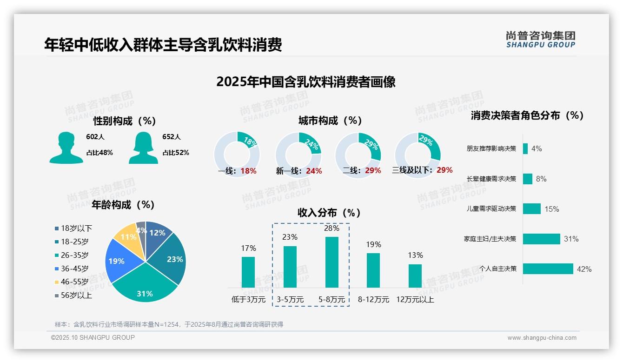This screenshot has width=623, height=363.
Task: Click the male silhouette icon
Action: click(66, 148)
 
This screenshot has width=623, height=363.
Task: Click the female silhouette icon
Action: click(143, 148)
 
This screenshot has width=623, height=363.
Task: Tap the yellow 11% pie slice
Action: click(126, 237)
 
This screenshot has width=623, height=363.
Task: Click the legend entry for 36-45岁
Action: click(72, 269)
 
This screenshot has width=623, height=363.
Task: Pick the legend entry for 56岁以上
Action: click(73, 296)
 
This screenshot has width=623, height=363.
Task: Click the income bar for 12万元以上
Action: click(415, 276)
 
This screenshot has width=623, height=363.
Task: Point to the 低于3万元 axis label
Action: click(248, 300)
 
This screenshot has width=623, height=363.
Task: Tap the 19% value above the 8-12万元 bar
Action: click(373, 245)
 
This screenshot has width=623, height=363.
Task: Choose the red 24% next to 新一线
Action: click(314, 171)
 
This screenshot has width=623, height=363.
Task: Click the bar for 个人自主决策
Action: click(548, 269)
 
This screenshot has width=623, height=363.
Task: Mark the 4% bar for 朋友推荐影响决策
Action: click(525, 148)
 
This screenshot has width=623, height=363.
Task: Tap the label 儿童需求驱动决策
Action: click(491, 209)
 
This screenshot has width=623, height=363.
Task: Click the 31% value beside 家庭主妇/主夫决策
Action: click(571, 239)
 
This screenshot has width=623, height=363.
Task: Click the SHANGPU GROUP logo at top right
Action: click(540, 40)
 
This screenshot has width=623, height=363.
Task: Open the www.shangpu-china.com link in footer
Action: click(542, 338)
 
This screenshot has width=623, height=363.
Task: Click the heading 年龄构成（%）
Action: click(123, 205)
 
